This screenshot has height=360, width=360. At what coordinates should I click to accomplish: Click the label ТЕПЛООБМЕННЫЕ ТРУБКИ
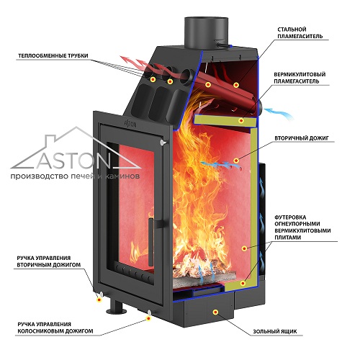(x=53, y=56)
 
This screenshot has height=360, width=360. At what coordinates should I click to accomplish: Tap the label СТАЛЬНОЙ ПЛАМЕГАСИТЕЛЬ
(x=300, y=33)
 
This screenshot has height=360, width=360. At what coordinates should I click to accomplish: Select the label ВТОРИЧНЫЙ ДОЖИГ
(x=302, y=138)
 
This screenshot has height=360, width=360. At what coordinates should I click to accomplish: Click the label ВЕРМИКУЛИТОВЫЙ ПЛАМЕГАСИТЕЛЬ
(x=300, y=78)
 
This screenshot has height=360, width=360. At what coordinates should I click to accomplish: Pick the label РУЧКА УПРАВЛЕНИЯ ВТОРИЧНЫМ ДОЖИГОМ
(x=49, y=261)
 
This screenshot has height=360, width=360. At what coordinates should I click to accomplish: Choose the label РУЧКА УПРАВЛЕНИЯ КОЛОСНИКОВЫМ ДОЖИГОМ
(x=55, y=328)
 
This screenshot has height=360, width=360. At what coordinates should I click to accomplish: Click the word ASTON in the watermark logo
(x=73, y=160)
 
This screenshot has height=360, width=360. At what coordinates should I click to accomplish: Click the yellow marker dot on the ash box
(x=215, y=312)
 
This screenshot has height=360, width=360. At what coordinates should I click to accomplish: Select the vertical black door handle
(x=151, y=242)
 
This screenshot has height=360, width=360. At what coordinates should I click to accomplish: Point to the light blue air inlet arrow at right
(x=279, y=113)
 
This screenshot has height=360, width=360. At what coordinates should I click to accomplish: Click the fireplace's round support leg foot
(x=117, y=311)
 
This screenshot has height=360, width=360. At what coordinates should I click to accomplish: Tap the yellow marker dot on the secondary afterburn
(x=236, y=161)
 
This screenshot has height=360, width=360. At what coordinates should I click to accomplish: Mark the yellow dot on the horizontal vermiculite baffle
(x=241, y=120)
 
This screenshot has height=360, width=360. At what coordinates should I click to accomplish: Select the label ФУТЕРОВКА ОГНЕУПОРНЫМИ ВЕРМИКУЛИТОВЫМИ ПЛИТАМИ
(x=302, y=228)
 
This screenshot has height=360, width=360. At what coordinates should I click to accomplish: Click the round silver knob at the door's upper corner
(x=163, y=142)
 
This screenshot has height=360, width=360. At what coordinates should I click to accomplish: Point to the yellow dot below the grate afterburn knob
(x=149, y=318)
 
